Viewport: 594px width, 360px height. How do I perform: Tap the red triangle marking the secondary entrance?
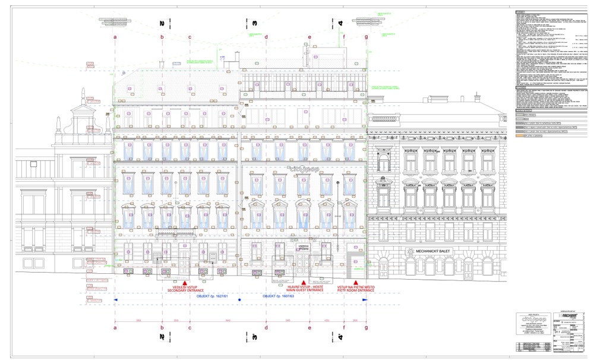click(x=185, y=282)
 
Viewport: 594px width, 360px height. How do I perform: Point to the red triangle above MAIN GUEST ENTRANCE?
click(x=304, y=282)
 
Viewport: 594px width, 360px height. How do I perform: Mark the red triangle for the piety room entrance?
click(x=356, y=282)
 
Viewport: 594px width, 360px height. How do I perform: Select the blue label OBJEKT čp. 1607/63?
click(x=279, y=295)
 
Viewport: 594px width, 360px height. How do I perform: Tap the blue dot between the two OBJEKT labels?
click(x=239, y=300)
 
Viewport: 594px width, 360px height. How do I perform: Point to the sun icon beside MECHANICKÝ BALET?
click(x=410, y=252)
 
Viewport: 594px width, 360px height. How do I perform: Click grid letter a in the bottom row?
click(x=115, y=327)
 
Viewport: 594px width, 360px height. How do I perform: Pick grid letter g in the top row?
click(x=366, y=37)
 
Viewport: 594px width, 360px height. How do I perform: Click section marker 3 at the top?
click(x=254, y=23)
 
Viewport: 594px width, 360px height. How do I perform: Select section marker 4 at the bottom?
click(x=341, y=337)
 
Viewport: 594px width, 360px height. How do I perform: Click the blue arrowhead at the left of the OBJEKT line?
click(x=116, y=300)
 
